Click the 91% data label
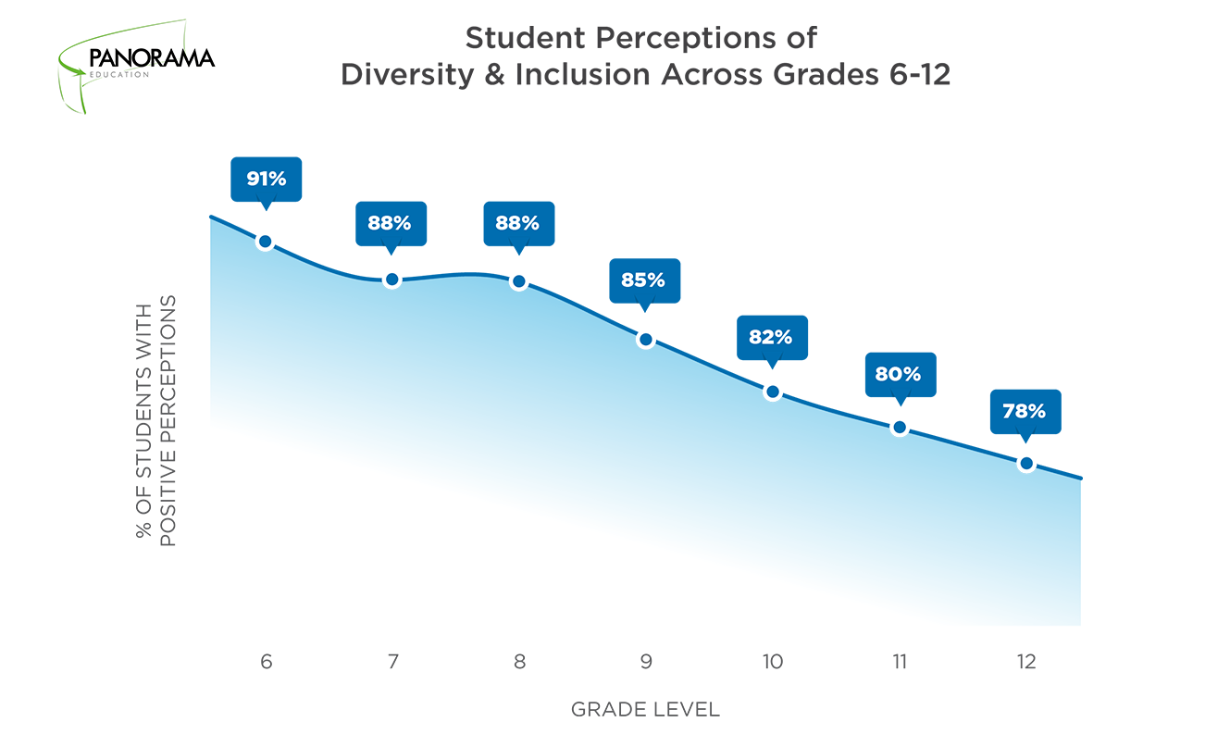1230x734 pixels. (266, 179)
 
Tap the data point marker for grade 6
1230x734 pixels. (265, 242)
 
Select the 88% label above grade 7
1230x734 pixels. (391, 223)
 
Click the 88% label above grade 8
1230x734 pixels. (518, 223)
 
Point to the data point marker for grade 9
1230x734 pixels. (645, 340)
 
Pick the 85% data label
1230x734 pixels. (644, 280)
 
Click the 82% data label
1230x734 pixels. (771, 337)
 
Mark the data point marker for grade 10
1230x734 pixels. (772, 392)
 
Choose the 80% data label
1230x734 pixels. (899, 374)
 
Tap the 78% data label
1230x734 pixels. (1025, 411)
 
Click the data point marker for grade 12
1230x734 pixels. (1025, 463)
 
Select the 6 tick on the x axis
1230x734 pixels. (266, 663)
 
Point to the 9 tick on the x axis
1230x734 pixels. (645, 663)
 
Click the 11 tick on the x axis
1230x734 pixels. (899, 663)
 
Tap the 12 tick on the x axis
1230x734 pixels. (1025, 663)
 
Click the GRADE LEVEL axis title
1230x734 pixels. (645, 710)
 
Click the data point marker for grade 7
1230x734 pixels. (391, 280)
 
